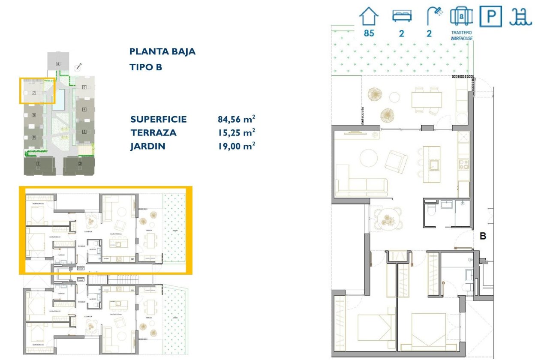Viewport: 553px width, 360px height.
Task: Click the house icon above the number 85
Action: pos(369,18)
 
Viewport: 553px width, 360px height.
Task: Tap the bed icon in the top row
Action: pos(402,16)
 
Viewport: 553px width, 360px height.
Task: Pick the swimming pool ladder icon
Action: pos(520,17)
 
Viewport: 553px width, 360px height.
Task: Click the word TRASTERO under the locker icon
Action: pos(461,32)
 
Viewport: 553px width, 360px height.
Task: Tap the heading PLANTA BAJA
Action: pos(162,52)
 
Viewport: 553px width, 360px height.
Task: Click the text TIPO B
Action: pos(146,67)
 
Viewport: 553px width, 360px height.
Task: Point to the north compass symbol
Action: pos(78,67)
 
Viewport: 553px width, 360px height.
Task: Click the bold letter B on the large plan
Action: pos(483,236)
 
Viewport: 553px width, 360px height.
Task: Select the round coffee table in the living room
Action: pos(369,158)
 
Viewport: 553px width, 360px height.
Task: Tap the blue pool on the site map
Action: pos(61,98)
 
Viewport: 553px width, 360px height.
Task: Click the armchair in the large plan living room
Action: pos(395,161)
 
